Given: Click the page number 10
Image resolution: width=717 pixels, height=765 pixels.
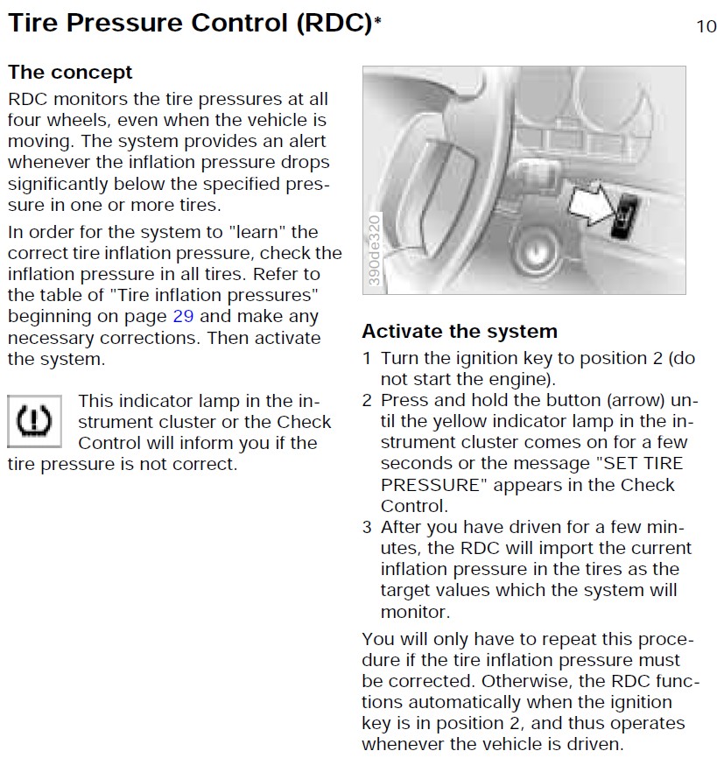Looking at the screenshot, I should click(x=706, y=25).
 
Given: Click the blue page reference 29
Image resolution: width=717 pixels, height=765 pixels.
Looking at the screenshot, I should click(x=183, y=316).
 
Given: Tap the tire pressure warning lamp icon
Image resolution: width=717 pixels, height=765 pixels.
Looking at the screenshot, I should click(x=33, y=421).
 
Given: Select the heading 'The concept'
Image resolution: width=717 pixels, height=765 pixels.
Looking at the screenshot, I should click(x=70, y=73).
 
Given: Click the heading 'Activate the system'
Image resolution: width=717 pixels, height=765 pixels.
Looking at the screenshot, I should click(x=460, y=332).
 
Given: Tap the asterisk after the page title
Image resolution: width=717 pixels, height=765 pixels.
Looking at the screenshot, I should click(x=378, y=21).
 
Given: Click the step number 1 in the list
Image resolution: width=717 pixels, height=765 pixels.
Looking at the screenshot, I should click(x=368, y=358).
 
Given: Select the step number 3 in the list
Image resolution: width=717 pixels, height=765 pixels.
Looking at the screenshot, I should click(x=368, y=527).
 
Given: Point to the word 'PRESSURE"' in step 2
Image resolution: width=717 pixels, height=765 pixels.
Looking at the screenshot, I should click(x=426, y=485).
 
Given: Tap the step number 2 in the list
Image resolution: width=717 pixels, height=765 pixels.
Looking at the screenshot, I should click(x=368, y=401).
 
